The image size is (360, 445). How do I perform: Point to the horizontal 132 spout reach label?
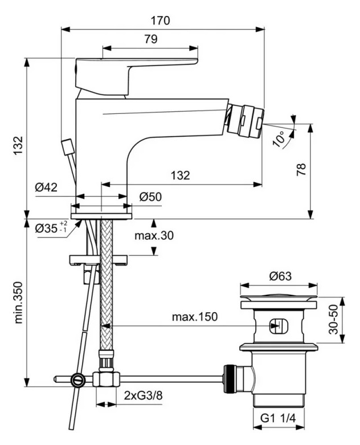point(180,175)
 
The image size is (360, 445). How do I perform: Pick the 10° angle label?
point(279,138)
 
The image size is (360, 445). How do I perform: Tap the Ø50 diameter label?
point(150,197)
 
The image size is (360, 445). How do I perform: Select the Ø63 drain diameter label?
point(277,277)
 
